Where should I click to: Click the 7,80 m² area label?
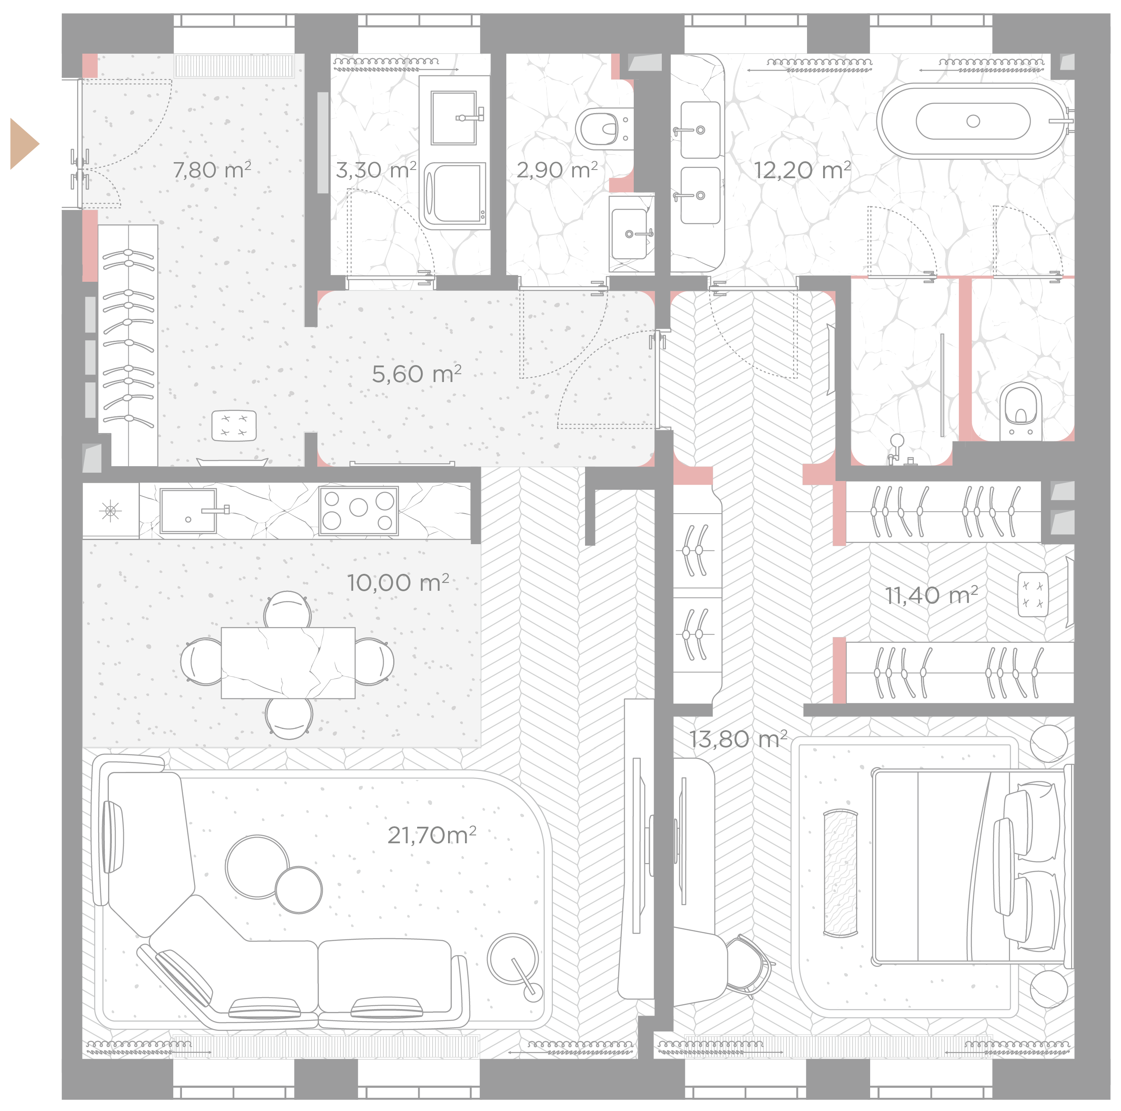pyautogui.click(x=212, y=170)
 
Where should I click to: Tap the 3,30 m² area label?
pyautogui.click(x=376, y=170)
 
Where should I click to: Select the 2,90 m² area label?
pyautogui.click(x=557, y=170)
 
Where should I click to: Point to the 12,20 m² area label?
pyautogui.click(x=802, y=170)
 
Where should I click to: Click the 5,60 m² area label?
pyautogui.click(x=417, y=374)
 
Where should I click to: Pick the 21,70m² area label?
pyautogui.click(x=432, y=835)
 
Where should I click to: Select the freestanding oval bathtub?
pyautogui.click(x=973, y=121)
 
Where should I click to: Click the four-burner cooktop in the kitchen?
pyautogui.click(x=359, y=510)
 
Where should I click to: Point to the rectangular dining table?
pyautogui.click(x=288, y=663)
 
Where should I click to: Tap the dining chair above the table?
pyautogui.click(x=287, y=609)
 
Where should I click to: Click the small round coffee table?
pyautogui.click(x=298, y=890)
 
